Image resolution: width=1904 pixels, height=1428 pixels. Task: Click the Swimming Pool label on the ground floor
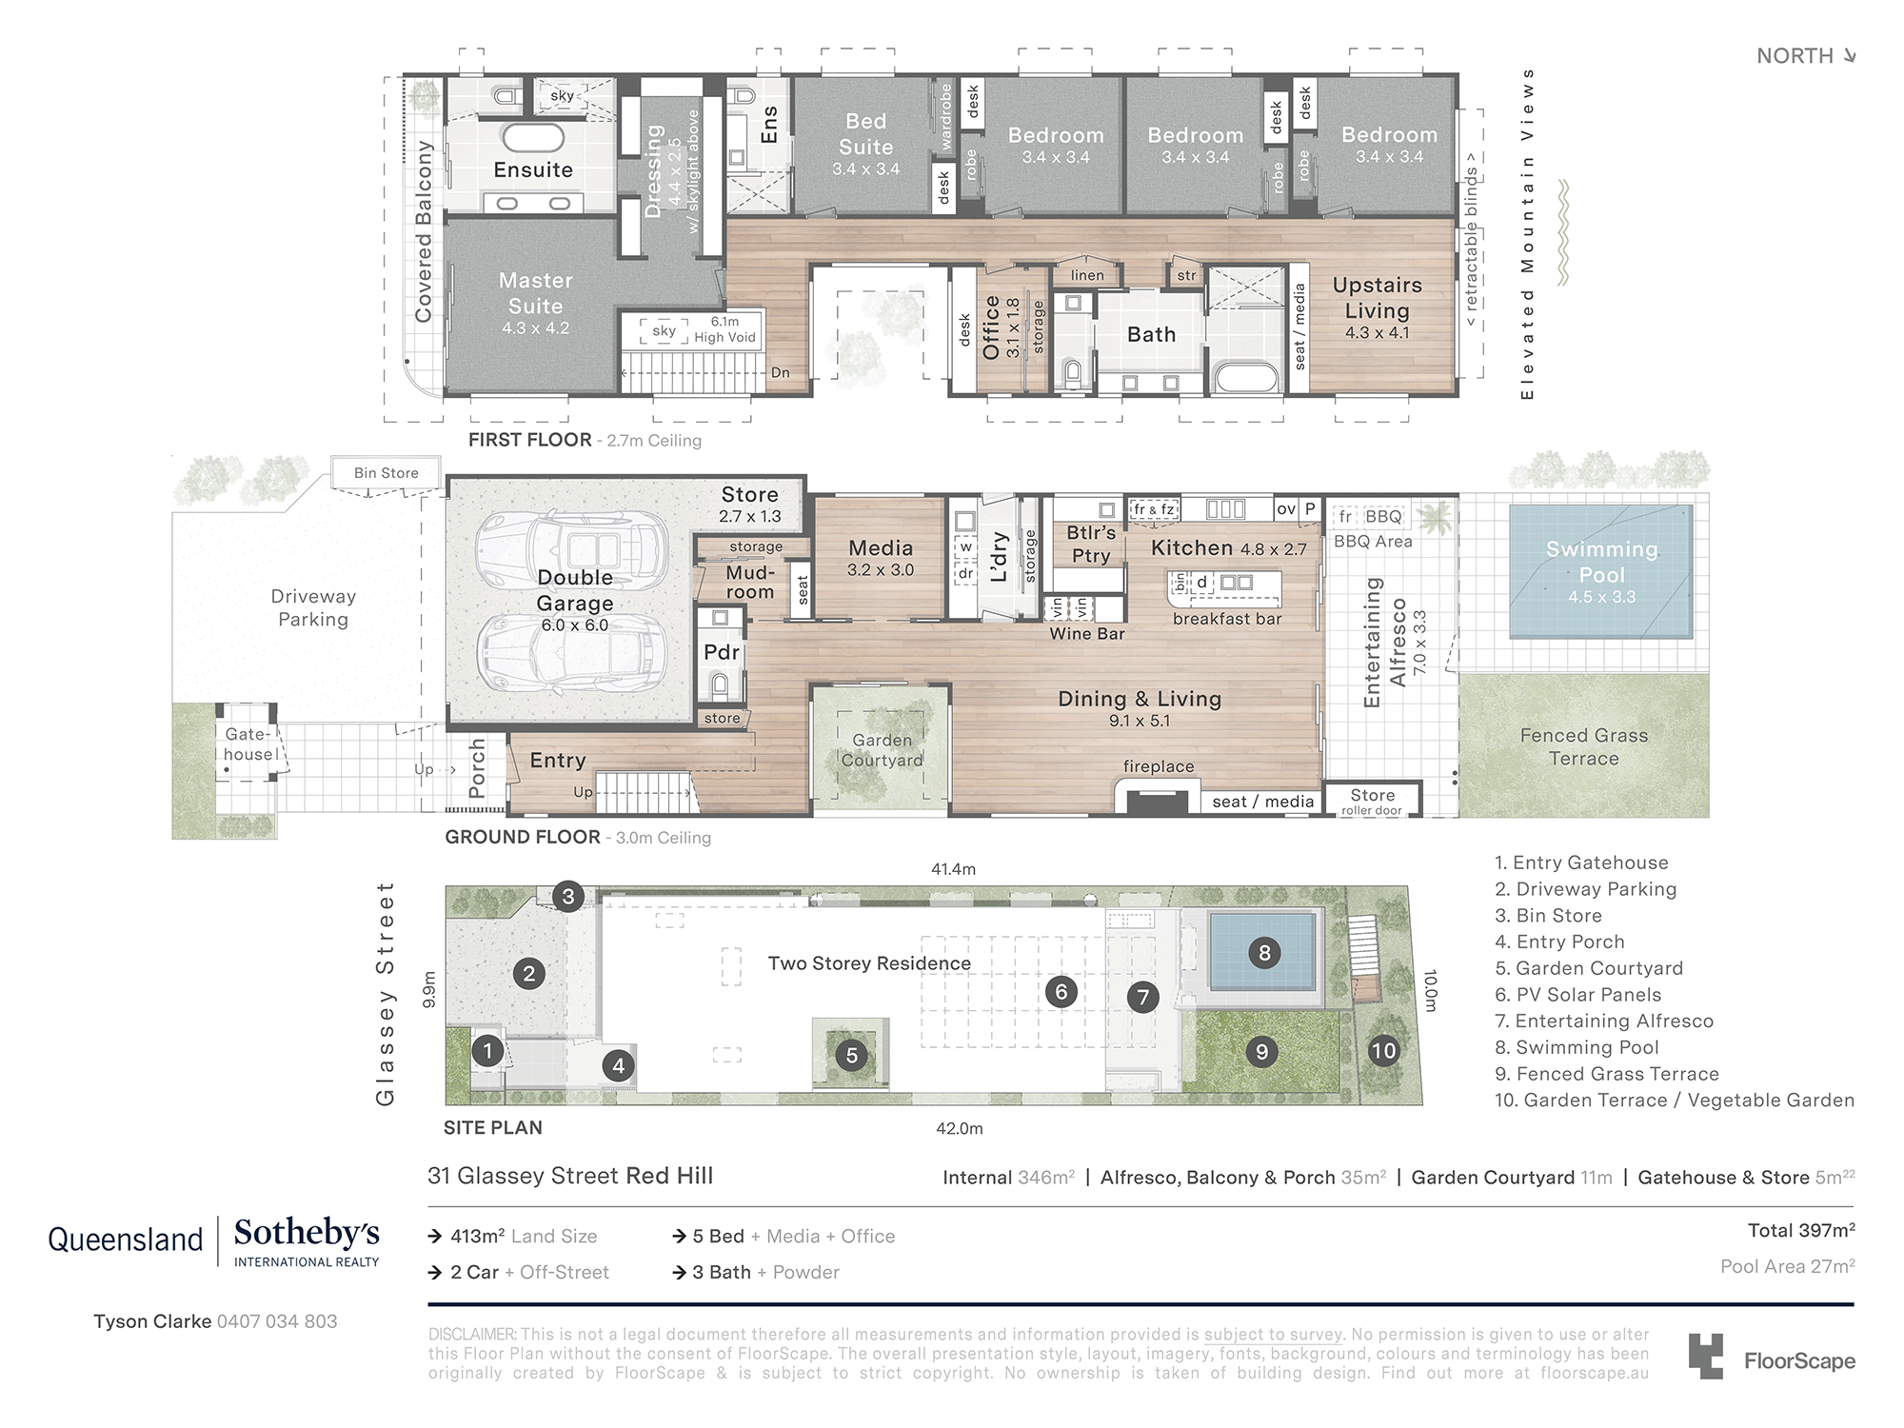pyautogui.click(x=1601, y=562)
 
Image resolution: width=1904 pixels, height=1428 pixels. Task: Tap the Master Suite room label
pyautogui.click(x=535, y=293)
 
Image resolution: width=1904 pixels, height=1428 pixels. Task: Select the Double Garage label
pyautogui.click(x=575, y=590)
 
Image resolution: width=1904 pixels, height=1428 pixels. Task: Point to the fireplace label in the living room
pyautogui.click(x=1158, y=766)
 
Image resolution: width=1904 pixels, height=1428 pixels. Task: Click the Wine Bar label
pyautogui.click(x=1087, y=634)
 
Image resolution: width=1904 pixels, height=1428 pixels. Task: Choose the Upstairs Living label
pyautogui.click(x=1377, y=298)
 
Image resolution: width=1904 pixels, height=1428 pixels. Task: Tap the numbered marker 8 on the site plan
pyautogui.click(x=1264, y=952)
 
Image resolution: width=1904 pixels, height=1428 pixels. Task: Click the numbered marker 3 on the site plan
pyautogui.click(x=568, y=896)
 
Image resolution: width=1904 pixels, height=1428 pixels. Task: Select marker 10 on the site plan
pyautogui.click(x=1383, y=1051)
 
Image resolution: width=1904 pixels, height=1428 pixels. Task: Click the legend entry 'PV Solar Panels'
pyautogui.click(x=1578, y=995)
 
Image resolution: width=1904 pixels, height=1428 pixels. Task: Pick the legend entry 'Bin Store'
pyautogui.click(x=1549, y=916)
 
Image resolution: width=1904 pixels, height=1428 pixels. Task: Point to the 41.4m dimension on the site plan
pyautogui.click(x=953, y=869)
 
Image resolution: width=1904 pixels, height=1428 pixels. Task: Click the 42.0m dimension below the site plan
pyautogui.click(x=959, y=1129)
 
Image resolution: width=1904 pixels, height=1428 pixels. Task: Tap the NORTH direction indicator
pyautogui.click(x=1806, y=56)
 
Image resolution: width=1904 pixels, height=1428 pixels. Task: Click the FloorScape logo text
pyautogui.click(x=1799, y=1361)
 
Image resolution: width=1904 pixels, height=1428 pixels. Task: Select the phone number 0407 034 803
pyautogui.click(x=277, y=1321)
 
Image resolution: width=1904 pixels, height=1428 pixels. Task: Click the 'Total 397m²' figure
pyautogui.click(x=1801, y=1231)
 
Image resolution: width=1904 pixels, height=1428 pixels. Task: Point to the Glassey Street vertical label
pyautogui.click(x=386, y=994)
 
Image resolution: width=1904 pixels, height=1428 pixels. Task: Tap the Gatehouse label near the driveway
pyautogui.click(x=249, y=744)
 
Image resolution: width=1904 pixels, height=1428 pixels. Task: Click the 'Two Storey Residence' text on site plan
pyautogui.click(x=869, y=963)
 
